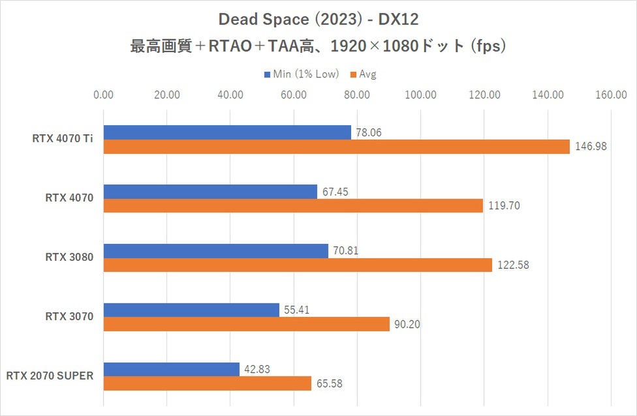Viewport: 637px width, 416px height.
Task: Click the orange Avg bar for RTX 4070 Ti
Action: (x=336, y=147)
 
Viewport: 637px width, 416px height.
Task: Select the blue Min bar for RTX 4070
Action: (x=210, y=192)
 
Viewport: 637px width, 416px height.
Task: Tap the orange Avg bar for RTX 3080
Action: (x=298, y=265)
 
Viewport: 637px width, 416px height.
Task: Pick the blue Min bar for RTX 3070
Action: (x=191, y=310)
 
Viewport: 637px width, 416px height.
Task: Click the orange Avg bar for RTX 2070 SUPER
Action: (x=208, y=384)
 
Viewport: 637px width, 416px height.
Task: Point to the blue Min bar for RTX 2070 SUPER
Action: (x=172, y=369)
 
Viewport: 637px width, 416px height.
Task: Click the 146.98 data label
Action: (x=591, y=147)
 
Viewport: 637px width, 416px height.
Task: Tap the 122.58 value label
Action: (x=512, y=265)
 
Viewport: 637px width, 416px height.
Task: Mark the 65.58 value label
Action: (x=329, y=384)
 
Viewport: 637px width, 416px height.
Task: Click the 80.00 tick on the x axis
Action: (x=357, y=95)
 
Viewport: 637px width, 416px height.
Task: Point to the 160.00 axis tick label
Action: (x=611, y=95)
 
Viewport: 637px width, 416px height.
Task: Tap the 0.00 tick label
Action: (x=104, y=95)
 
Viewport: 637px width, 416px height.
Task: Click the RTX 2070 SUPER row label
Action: (x=50, y=376)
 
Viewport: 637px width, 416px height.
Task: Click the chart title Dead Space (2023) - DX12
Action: (x=318, y=21)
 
